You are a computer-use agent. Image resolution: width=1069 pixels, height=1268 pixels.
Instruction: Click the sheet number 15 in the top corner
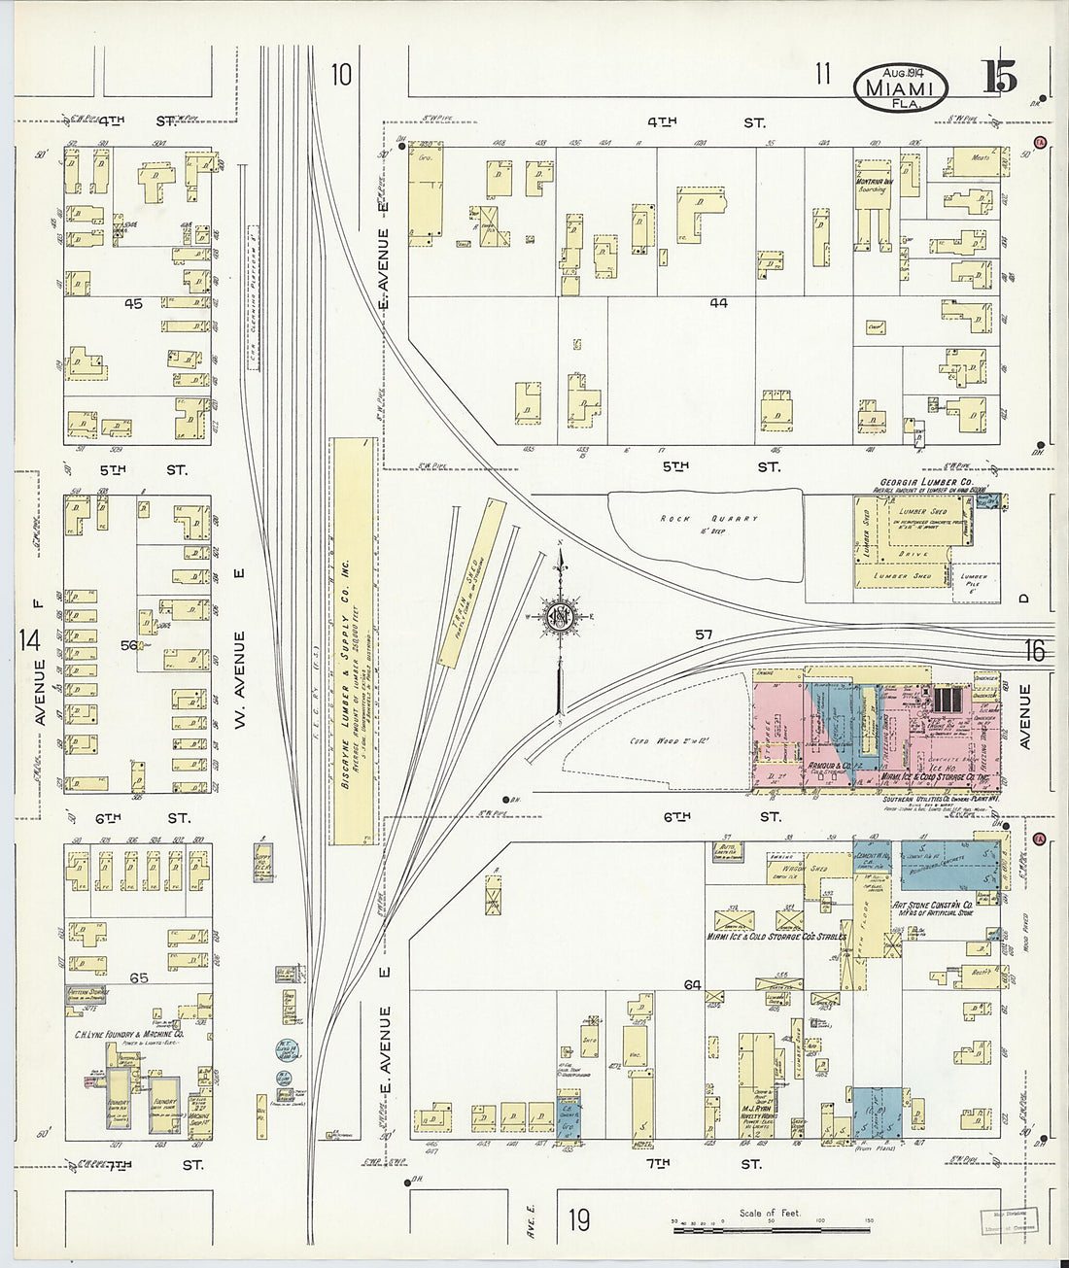point(999,77)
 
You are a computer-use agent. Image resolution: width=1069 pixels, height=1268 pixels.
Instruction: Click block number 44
point(718,303)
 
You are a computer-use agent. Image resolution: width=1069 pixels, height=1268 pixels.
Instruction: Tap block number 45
point(133,304)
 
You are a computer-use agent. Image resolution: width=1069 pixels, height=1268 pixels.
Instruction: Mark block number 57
point(704,634)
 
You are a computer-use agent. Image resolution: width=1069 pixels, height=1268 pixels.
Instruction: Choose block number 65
point(139,977)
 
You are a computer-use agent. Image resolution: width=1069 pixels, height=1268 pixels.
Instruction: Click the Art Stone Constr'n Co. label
point(941,905)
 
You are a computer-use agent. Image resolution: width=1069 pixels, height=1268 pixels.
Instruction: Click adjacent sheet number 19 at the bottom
point(579,1220)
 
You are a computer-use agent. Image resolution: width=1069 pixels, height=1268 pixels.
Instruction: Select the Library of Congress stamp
point(1012,1219)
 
